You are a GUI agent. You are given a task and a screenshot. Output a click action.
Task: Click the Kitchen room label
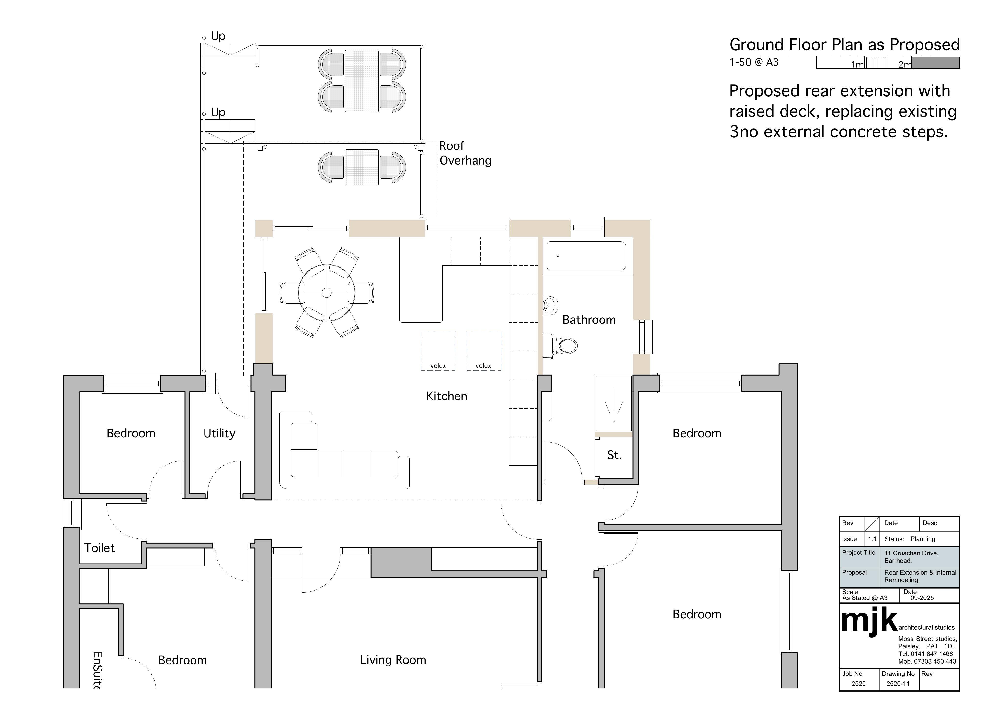(446, 396)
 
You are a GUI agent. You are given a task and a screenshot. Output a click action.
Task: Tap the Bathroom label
(589, 320)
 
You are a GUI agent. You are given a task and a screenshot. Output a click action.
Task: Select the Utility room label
(219, 433)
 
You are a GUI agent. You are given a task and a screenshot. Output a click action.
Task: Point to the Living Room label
(393, 660)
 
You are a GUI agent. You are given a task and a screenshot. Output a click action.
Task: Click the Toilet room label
(100, 548)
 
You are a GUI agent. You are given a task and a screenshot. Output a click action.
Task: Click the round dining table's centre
(326, 292)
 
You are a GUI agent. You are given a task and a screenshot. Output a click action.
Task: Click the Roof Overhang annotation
(465, 153)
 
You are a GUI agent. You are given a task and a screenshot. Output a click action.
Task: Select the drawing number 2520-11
(898, 684)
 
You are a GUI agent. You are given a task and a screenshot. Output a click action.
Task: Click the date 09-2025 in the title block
(922, 598)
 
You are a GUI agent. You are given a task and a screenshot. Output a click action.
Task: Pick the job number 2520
(858, 684)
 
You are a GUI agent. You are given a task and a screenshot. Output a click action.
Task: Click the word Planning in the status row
(922, 539)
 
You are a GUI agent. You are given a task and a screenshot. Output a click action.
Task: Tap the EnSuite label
(98, 671)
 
